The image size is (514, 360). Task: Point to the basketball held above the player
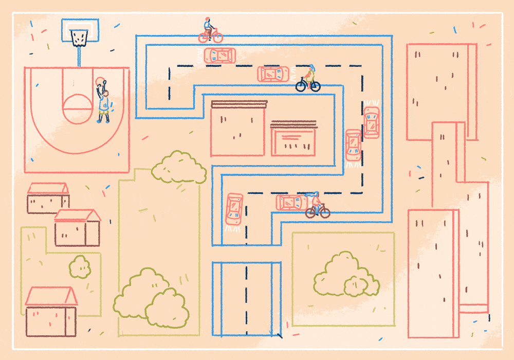(x=100, y=81)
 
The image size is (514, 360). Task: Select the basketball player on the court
(x=104, y=103)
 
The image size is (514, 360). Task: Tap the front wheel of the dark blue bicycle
(x=315, y=86)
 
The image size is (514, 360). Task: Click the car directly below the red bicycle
(x=219, y=56)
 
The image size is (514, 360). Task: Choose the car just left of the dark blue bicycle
(x=273, y=74)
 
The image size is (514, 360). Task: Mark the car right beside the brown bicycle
(x=290, y=202)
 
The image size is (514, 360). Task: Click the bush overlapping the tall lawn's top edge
(x=178, y=167)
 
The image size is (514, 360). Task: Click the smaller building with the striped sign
(x=293, y=139)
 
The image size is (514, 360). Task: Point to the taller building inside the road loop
(x=237, y=129)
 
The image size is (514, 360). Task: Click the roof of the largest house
(x=51, y=296)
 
